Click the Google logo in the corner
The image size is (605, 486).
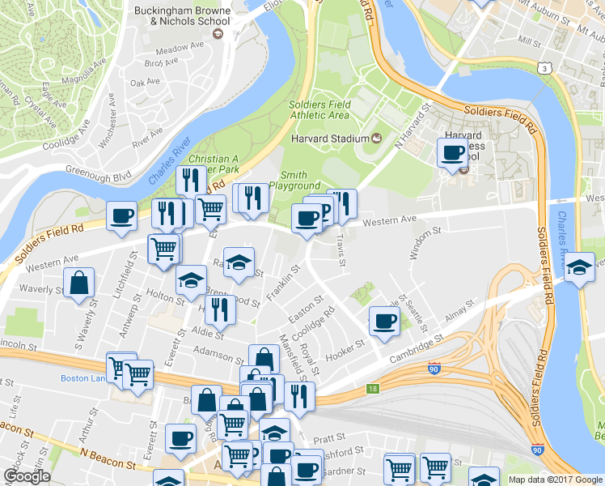pyautogui.click(x=27, y=476)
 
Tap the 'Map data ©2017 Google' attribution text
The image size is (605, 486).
pyautogui.click(x=555, y=480)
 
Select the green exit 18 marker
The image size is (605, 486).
pyautogui.click(x=371, y=389)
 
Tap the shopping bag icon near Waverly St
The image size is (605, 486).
pyautogui.click(x=80, y=283)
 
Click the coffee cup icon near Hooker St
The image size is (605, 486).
pyautogui.click(x=384, y=320)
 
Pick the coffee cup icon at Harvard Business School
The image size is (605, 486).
pyautogui.click(x=452, y=151)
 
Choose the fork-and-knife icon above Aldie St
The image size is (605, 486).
pyautogui.click(x=218, y=308)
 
